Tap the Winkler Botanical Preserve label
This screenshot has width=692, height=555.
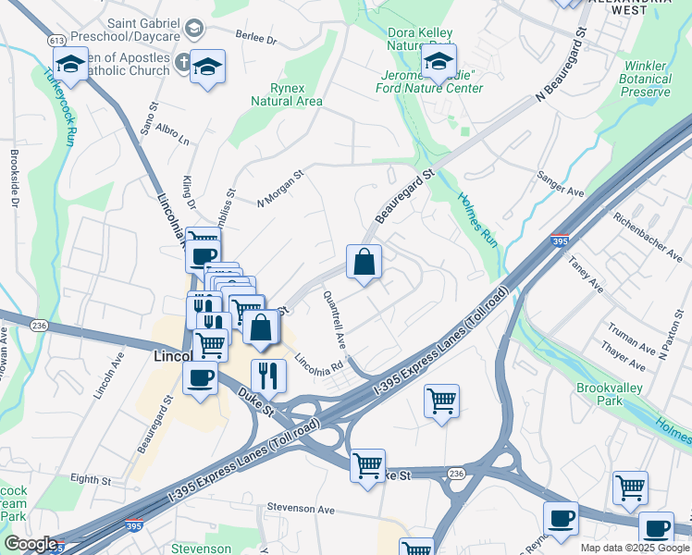[x=646, y=80]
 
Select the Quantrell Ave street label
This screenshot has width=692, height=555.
[x=335, y=319]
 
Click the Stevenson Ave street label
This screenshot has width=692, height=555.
[x=300, y=508]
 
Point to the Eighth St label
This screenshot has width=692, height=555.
[x=91, y=480]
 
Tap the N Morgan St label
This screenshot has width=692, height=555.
[x=281, y=187]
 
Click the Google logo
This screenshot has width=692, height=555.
[x=31, y=544]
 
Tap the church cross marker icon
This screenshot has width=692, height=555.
[x=183, y=64]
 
